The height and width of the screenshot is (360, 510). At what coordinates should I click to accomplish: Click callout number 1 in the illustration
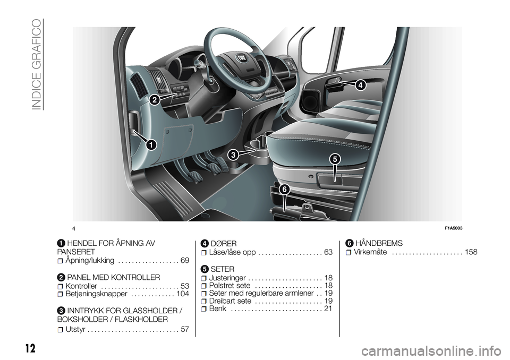(x=151, y=145)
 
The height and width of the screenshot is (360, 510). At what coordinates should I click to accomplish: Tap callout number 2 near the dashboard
(x=155, y=100)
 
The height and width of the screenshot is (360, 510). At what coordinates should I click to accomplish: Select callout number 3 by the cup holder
(x=233, y=155)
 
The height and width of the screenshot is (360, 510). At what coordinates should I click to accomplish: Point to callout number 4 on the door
(x=360, y=85)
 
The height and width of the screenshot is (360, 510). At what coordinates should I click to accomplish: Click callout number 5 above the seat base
(x=334, y=159)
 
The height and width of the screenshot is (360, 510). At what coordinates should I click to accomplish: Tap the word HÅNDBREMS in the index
(x=379, y=243)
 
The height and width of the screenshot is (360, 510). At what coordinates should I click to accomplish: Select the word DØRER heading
(x=224, y=244)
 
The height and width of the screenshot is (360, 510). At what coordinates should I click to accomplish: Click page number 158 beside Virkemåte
(x=471, y=252)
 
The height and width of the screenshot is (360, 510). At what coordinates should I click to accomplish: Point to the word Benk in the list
(x=218, y=308)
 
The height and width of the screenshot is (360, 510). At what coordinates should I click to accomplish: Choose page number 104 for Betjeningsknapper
(x=183, y=294)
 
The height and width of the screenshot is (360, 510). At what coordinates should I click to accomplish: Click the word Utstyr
(x=75, y=329)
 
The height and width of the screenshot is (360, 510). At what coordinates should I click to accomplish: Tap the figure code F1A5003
(x=453, y=228)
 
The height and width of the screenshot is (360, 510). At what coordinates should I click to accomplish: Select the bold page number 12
(x=30, y=348)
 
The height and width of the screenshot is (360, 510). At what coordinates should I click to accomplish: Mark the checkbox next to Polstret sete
(x=204, y=286)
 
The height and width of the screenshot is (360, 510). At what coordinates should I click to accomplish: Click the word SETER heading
(x=223, y=269)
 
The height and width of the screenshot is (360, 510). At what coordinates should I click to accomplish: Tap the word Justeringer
(x=227, y=278)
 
